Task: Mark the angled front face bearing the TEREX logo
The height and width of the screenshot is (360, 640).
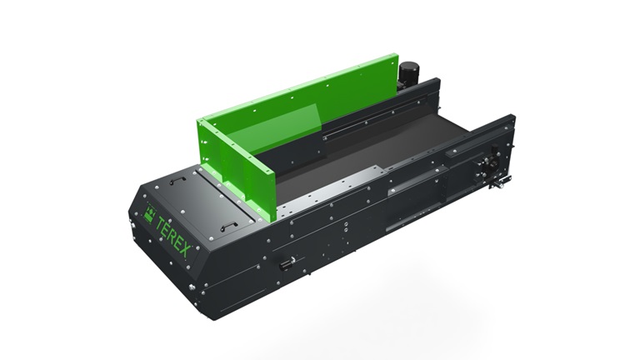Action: point(162,242)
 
